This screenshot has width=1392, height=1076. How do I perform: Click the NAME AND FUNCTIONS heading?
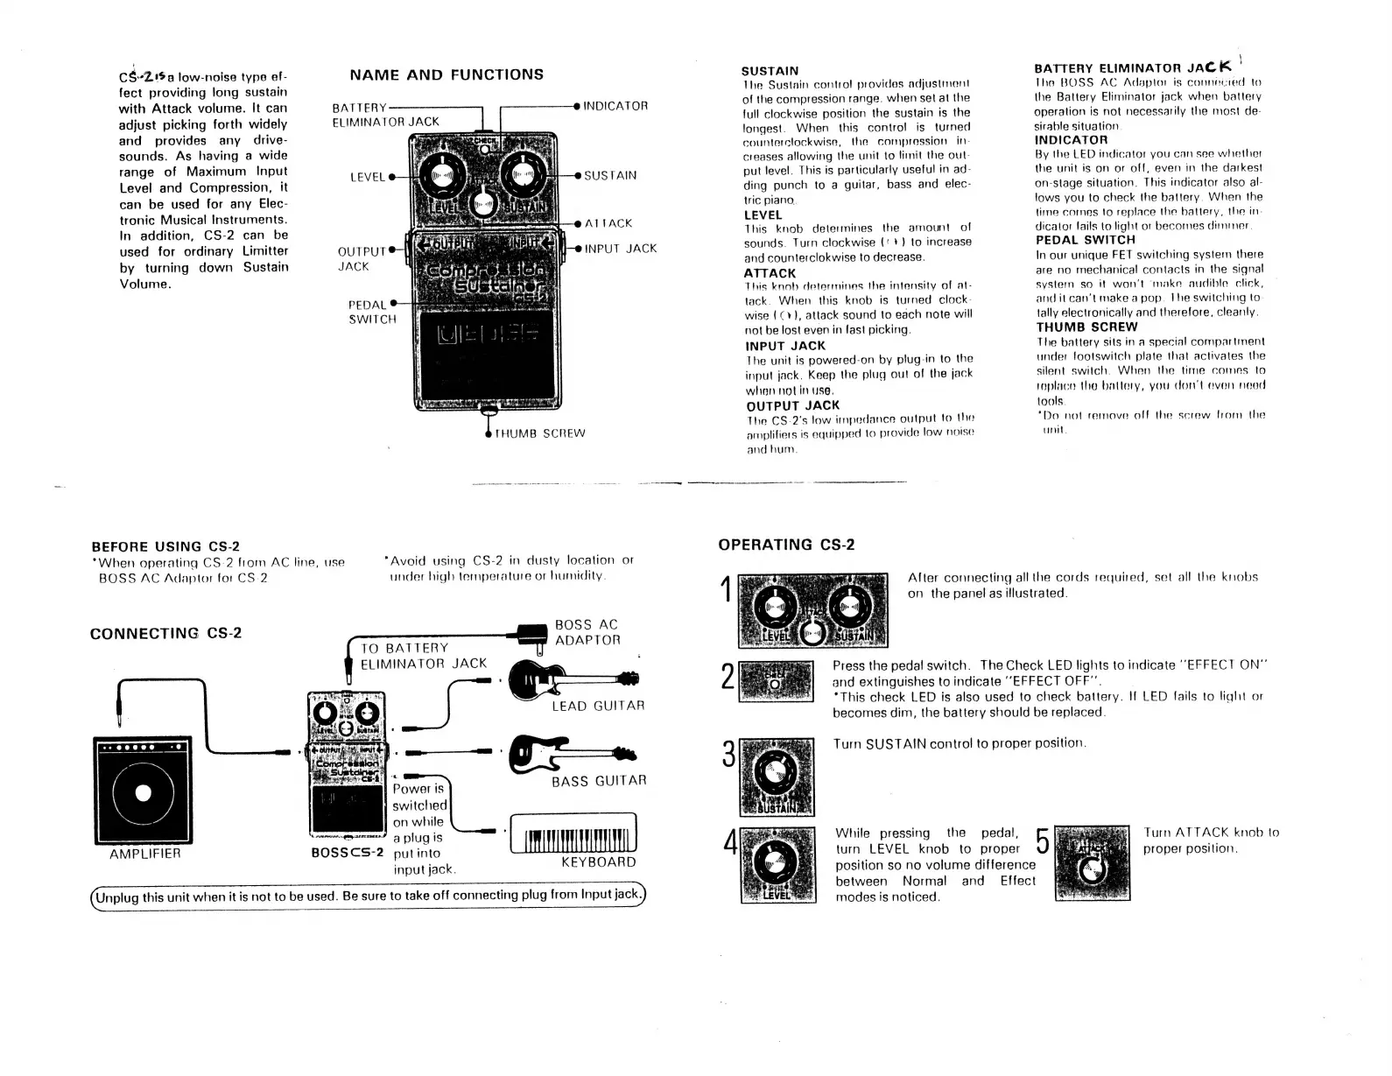446,74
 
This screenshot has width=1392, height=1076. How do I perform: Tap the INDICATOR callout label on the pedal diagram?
615,106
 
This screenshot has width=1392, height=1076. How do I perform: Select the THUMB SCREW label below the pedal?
540,433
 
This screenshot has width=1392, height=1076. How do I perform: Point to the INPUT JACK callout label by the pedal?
621,249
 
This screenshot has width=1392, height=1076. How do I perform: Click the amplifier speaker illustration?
143,791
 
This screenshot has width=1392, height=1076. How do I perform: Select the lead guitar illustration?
573,679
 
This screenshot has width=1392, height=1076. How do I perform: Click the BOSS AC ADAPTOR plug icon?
532,636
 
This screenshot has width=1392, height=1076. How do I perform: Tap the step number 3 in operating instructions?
727,756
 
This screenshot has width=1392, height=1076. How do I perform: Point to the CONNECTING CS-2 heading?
166,634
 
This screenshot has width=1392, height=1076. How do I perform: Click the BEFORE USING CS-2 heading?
165,547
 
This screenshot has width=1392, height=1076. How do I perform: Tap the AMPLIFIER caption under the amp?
145,854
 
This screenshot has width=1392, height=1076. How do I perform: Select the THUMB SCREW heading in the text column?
1086,327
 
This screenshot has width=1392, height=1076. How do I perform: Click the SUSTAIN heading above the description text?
770,70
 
